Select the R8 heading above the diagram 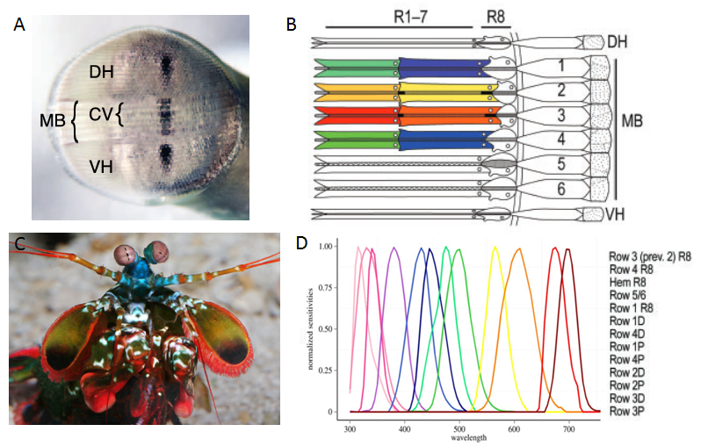[496, 17]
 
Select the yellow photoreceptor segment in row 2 [444, 90]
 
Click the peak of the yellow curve [496, 248]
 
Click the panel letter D [303, 241]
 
